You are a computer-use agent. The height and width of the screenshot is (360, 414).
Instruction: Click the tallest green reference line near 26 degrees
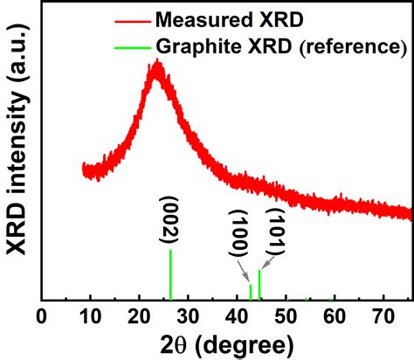(x=170, y=275)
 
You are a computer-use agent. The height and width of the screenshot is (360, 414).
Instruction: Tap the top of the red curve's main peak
(x=156, y=64)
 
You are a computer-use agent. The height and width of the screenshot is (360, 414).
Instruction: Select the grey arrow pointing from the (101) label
(x=268, y=261)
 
